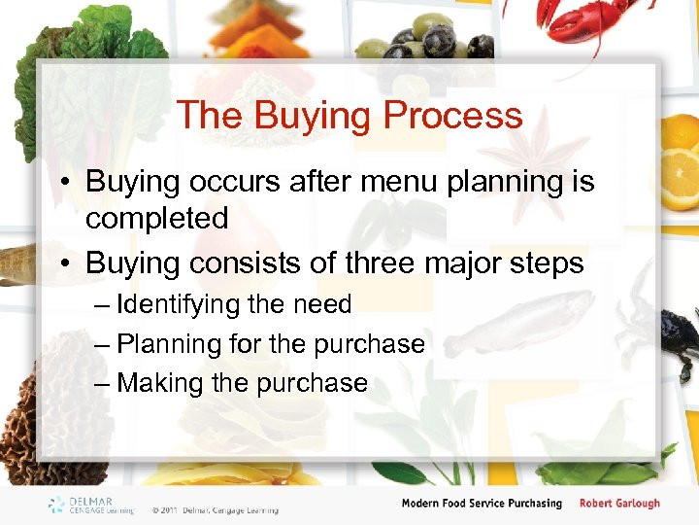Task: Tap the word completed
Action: (x=156, y=219)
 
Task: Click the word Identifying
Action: (x=178, y=305)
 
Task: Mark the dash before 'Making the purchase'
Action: (x=103, y=383)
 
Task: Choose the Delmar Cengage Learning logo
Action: (x=92, y=506)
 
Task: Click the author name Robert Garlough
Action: (x=619, y=504)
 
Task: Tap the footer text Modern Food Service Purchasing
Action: (x=482, y=504)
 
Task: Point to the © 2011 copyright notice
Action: (x=215, y=509)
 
